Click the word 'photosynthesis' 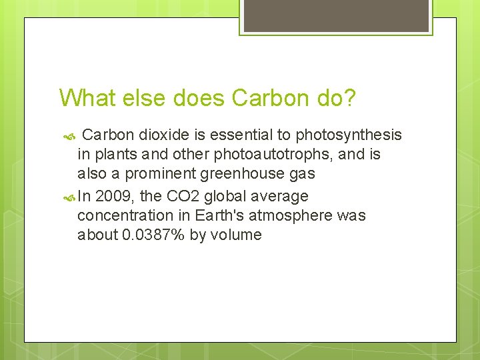pos(349,135)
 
